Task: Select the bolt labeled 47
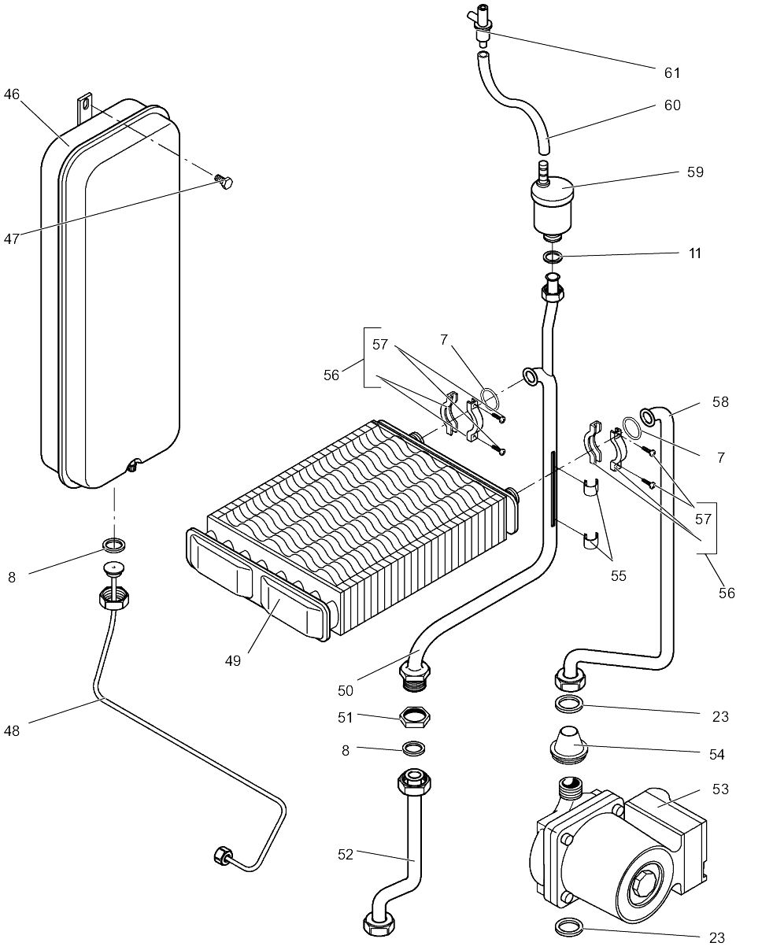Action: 224,184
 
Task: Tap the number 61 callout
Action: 671,72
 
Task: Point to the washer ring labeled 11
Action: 553,256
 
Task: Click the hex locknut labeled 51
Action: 414,717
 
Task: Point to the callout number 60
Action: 671,105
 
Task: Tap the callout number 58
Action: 719,401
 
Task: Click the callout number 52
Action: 345,853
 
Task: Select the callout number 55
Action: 618,575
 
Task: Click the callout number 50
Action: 345,690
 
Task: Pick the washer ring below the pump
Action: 572,927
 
